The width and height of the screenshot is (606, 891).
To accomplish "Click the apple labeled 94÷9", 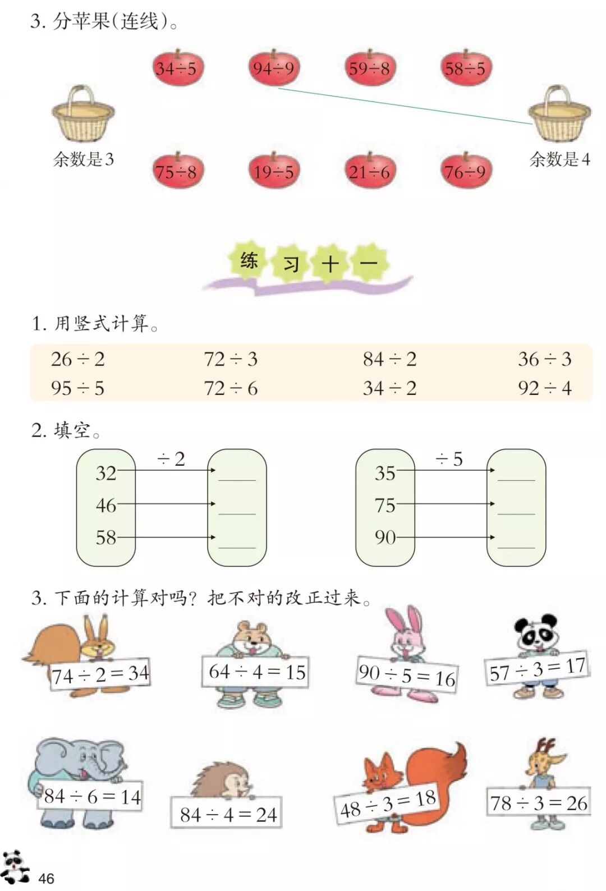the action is tap(273, 68).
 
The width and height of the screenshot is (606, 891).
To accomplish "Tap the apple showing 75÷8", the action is tap(177, 171).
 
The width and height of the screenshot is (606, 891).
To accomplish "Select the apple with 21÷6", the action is tap(369, 171).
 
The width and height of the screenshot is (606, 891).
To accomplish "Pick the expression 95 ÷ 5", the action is tap(77, 388).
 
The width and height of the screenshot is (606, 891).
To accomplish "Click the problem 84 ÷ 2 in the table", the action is tap(389, 359).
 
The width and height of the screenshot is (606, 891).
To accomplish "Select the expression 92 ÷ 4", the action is tap(544, 388).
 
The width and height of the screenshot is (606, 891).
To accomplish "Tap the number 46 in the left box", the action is tap(105, 505).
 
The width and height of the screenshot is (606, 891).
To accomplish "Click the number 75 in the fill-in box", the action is tap(385, 505).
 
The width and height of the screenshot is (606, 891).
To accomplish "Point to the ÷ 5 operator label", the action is tap(449, 460).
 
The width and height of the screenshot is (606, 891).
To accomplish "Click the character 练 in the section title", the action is tap(249, 260).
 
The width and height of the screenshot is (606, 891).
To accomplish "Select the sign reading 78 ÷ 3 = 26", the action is tap(539, 802).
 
